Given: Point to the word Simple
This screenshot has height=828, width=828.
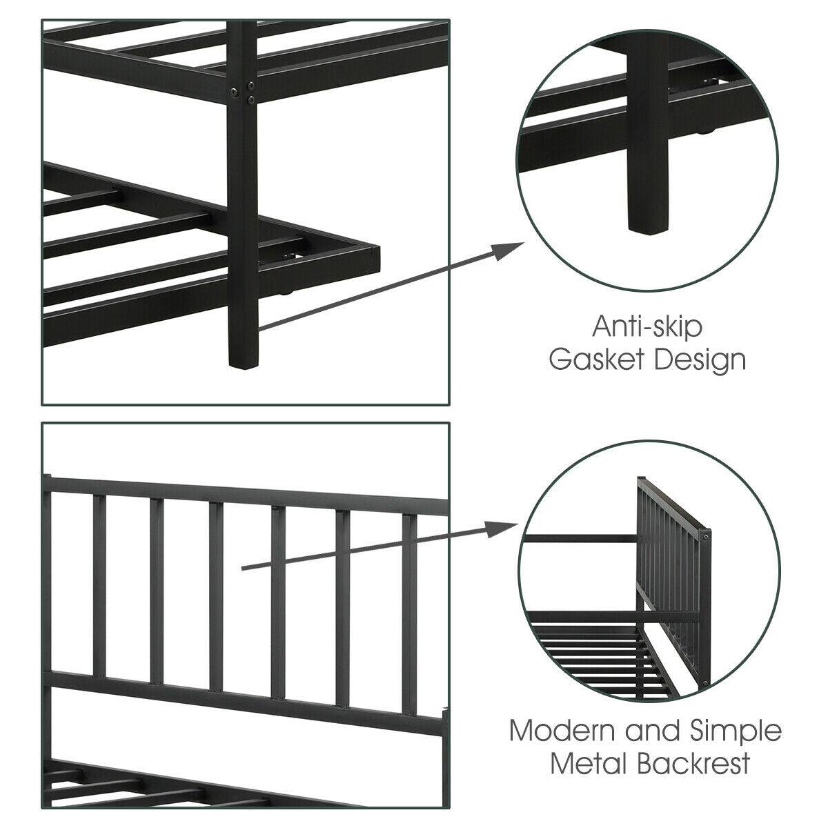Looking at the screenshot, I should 737,731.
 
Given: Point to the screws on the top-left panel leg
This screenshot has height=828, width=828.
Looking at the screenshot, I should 244,93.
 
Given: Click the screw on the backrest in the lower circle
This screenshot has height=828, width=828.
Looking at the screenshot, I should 706,535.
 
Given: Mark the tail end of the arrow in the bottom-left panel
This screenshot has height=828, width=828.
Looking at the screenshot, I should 243,569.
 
